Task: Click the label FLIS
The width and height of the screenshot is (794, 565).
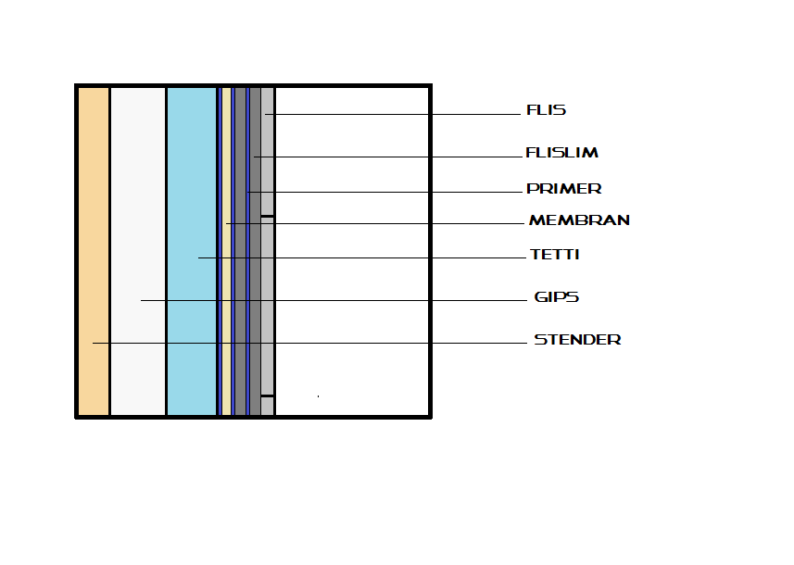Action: click(x=546, y=110)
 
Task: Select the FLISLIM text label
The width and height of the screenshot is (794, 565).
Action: click(x=562, y=153)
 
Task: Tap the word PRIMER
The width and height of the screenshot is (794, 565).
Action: click(x=563, y=189)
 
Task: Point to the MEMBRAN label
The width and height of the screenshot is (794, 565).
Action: click(x=579, y=220)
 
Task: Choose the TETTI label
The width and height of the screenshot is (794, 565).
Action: click(x=555, y=255)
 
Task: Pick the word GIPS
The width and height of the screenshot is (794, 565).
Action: click(x=557, y=297)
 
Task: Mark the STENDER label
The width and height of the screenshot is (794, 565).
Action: click(x=577, y=340)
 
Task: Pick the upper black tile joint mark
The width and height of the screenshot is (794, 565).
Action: click(x=268, y=217)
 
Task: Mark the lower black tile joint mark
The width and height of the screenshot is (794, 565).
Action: click(x=268, y=396)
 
